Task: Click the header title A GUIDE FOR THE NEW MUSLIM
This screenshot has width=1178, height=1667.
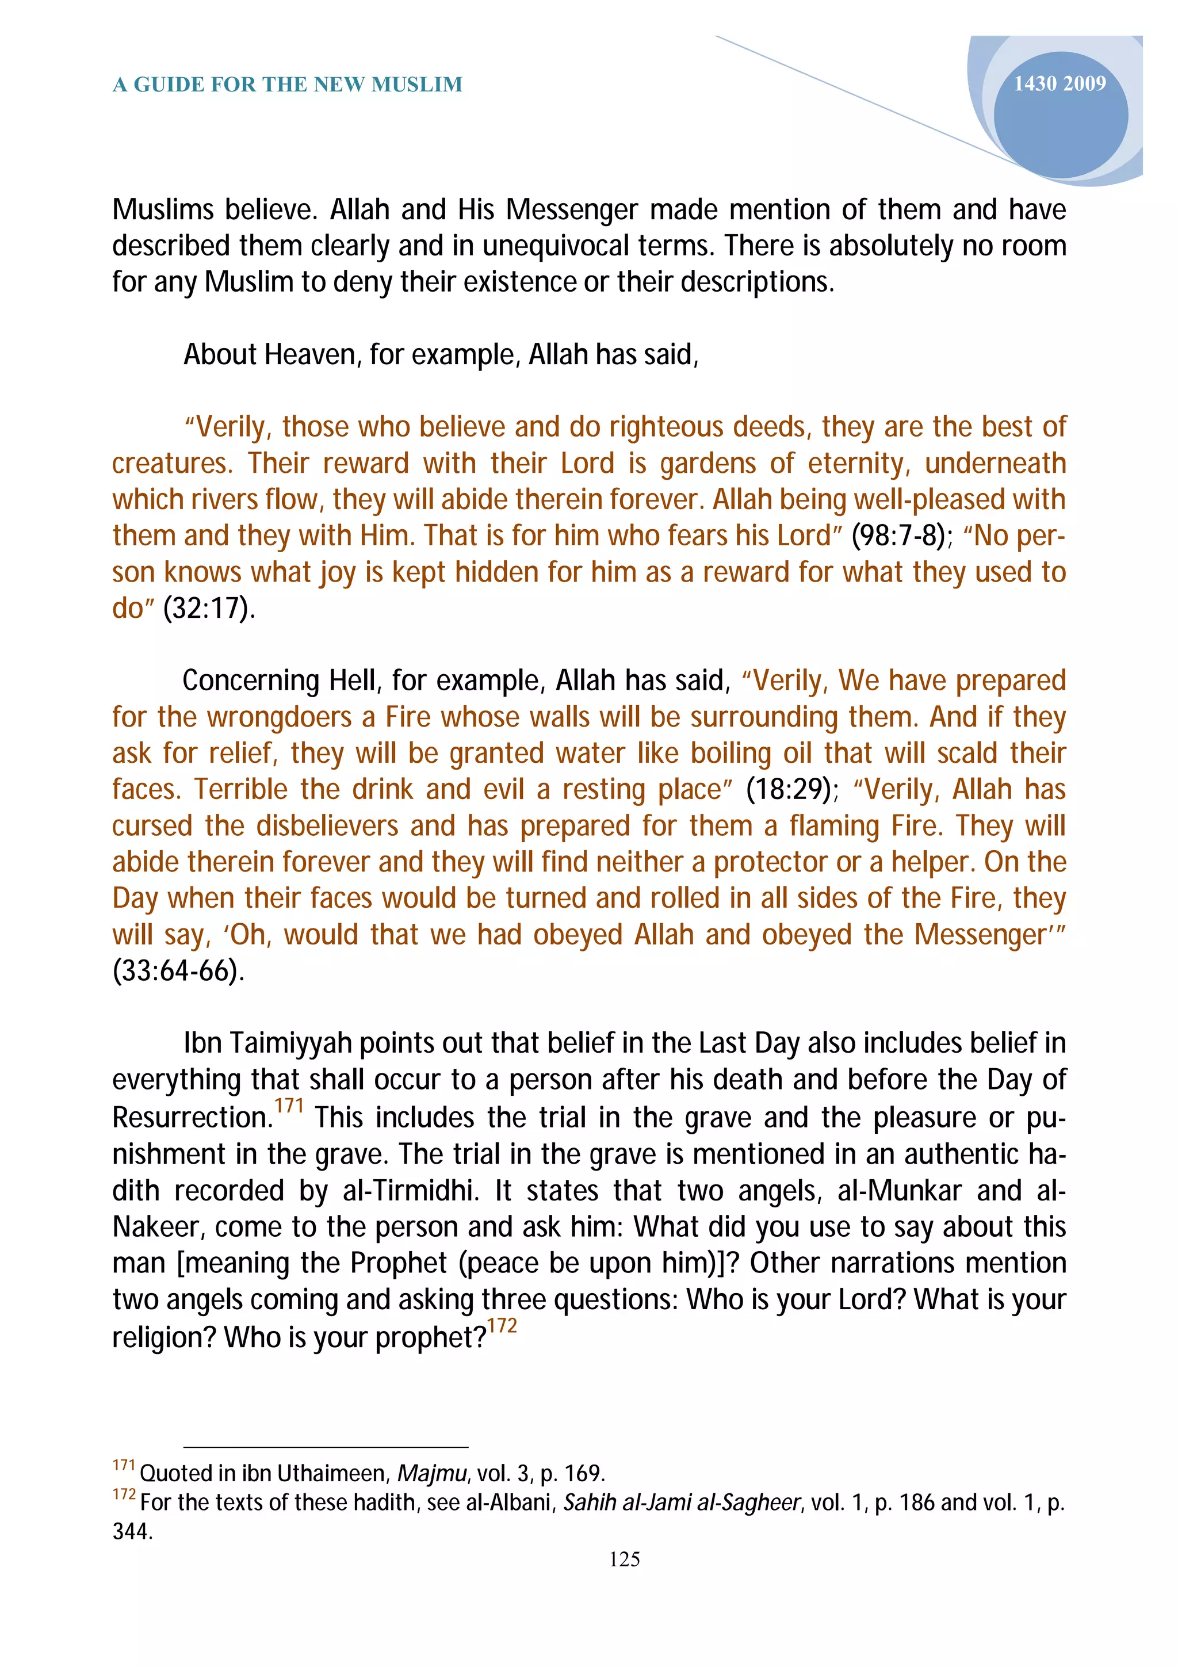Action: [x=288, y=85]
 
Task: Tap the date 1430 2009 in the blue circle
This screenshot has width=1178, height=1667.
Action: [x=1059, y=84]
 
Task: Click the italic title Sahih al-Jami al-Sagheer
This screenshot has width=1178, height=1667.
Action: [x=682, y=1502]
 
